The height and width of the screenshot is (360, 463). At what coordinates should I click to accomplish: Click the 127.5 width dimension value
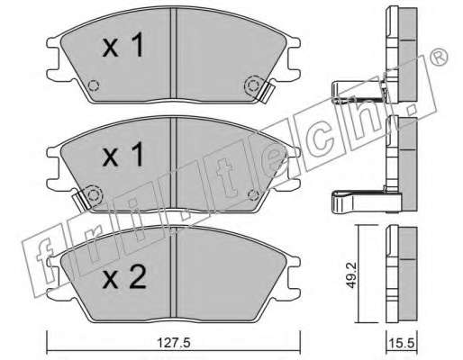point(174,342)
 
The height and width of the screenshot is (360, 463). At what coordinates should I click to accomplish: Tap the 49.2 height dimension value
point(351,275)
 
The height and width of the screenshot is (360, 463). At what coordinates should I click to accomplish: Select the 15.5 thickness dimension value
point(402,342)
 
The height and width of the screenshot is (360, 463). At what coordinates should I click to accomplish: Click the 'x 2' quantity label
point(123,277)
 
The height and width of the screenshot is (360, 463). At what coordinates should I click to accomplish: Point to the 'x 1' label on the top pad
point(123,45)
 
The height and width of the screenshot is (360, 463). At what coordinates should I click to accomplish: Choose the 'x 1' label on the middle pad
point(123,154)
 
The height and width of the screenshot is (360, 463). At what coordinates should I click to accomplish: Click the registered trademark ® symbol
point(440,57)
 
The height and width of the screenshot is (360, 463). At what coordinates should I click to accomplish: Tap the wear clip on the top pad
point(267,93)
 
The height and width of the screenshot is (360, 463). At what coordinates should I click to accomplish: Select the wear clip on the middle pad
point(82,200)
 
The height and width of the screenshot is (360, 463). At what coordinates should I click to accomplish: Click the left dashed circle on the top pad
point(94,86)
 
